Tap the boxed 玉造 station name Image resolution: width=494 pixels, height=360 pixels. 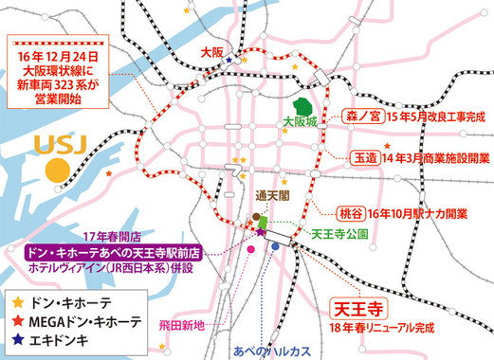pyautogui.click(x=365, y=158)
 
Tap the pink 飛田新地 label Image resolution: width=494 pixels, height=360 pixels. pyautogui.click(x=211, y=325)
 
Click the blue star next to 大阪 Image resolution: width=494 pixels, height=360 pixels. pyautogui.click(x=230, y=58)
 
